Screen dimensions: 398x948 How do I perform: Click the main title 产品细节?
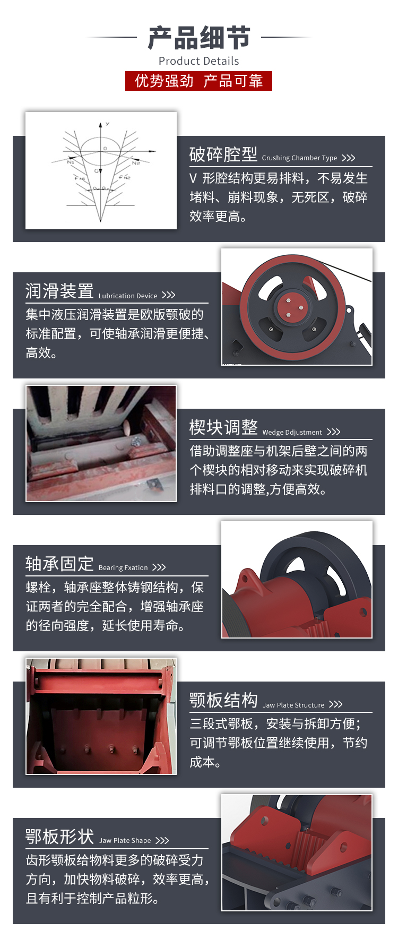click(199, 38)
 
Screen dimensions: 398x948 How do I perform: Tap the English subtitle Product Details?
click(199, 61)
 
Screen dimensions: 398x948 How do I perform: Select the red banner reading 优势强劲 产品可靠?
click(198, 81)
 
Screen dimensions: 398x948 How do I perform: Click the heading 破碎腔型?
click(223, 154)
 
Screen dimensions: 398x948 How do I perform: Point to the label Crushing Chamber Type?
click(299, 158)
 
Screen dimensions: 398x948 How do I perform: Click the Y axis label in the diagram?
click(107, 124)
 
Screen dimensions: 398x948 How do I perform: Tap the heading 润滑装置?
click(59, 291)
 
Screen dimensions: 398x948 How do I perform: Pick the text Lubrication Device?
click(128, 296)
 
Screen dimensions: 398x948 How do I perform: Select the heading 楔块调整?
click(223, 427)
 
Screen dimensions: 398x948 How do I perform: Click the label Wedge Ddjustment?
click(292, 432)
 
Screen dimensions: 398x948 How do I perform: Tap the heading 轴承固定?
click(59, 564)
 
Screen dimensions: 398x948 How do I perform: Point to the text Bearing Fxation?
click(123, 567)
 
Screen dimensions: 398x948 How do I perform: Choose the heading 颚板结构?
click(223, 700)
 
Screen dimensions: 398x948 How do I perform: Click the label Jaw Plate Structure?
click(293, 705)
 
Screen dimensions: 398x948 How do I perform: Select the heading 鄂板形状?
click(59, 837)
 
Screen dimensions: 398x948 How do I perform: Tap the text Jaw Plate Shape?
click(125, 840)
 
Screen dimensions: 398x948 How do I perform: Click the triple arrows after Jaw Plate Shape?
click(162, 840)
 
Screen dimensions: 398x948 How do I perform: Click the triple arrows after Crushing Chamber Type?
click(348, 158)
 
